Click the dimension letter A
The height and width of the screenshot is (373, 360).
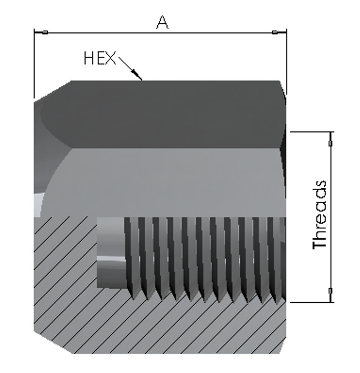pyautogui.click(x=162, y=22)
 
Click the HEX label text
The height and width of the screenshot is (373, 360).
pyautogui.click(x=100, y=59)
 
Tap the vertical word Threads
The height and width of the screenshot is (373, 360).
pyautogui.click(x=320, y=215)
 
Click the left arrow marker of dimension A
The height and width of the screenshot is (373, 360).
pyautogui.click(x=45, y=32)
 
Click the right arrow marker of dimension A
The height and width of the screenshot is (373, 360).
pyautogui.click(x=275, y=32)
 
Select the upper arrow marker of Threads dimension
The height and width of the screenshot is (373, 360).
pyautogui.click(x=330, y=143)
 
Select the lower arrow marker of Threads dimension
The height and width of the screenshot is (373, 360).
pyautogui.click(x=330, y=291)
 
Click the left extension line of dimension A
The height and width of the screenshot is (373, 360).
pyautogui.click(x=34, y=63)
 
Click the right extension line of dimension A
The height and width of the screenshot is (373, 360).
pyautogui.click(x=287, y=62)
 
